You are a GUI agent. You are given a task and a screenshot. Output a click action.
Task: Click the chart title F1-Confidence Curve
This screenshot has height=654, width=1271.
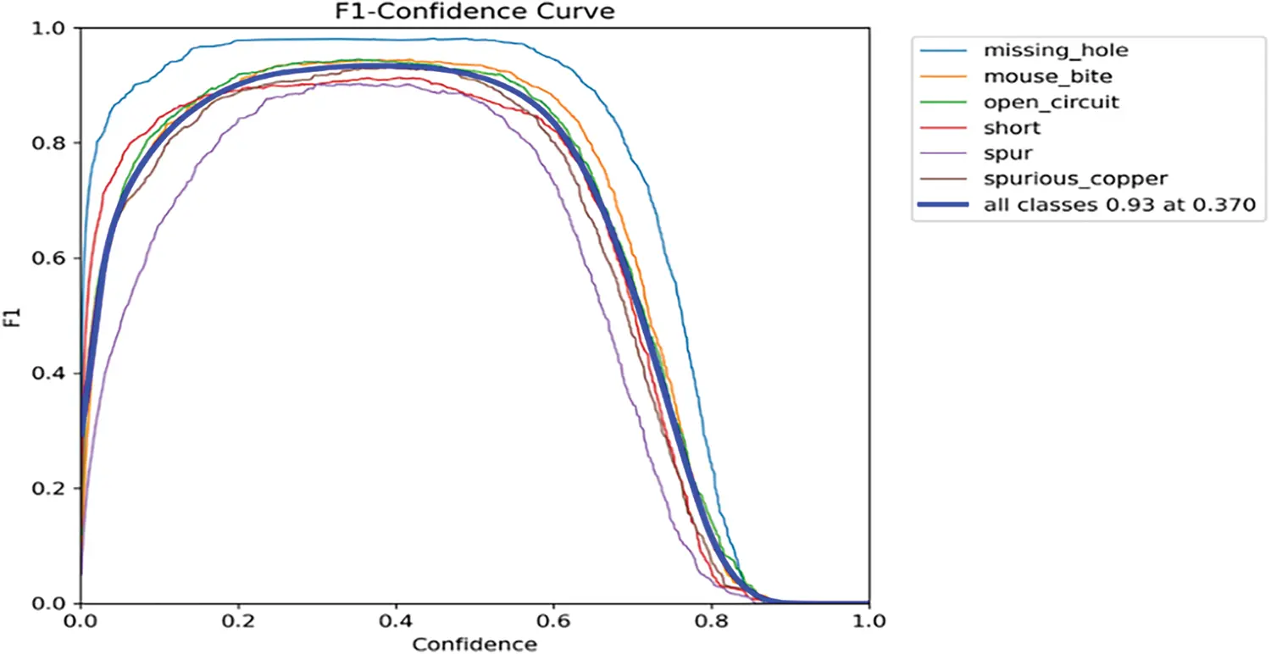[475, 11]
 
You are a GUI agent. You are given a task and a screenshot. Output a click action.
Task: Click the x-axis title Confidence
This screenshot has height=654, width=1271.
[475, 644]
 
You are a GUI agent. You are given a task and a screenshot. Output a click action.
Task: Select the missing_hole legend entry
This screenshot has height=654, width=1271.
[1055, 50]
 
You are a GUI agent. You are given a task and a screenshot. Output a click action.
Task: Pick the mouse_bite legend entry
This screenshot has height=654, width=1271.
[1047, 76]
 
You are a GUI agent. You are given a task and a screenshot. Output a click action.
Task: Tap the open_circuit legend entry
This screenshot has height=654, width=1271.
[1051, 102]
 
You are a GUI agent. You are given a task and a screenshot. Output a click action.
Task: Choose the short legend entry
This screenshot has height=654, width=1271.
[1012, 128]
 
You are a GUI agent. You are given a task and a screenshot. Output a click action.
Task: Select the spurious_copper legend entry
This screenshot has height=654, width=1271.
[1063, 179]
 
